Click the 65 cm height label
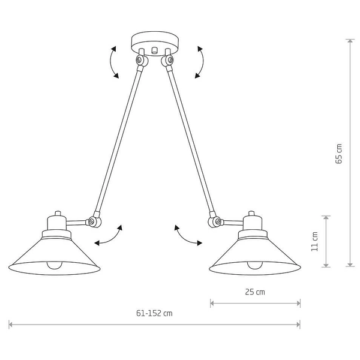tap(339, 154)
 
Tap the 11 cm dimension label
tap(315, 241)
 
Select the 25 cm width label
tap(256, 293)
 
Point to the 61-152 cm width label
tap(154, 313)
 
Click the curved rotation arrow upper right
tap(199, 62)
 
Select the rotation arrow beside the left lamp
tap(109, 236)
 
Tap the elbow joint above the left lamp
tap(93, 221)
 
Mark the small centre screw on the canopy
tap(154, 51)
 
